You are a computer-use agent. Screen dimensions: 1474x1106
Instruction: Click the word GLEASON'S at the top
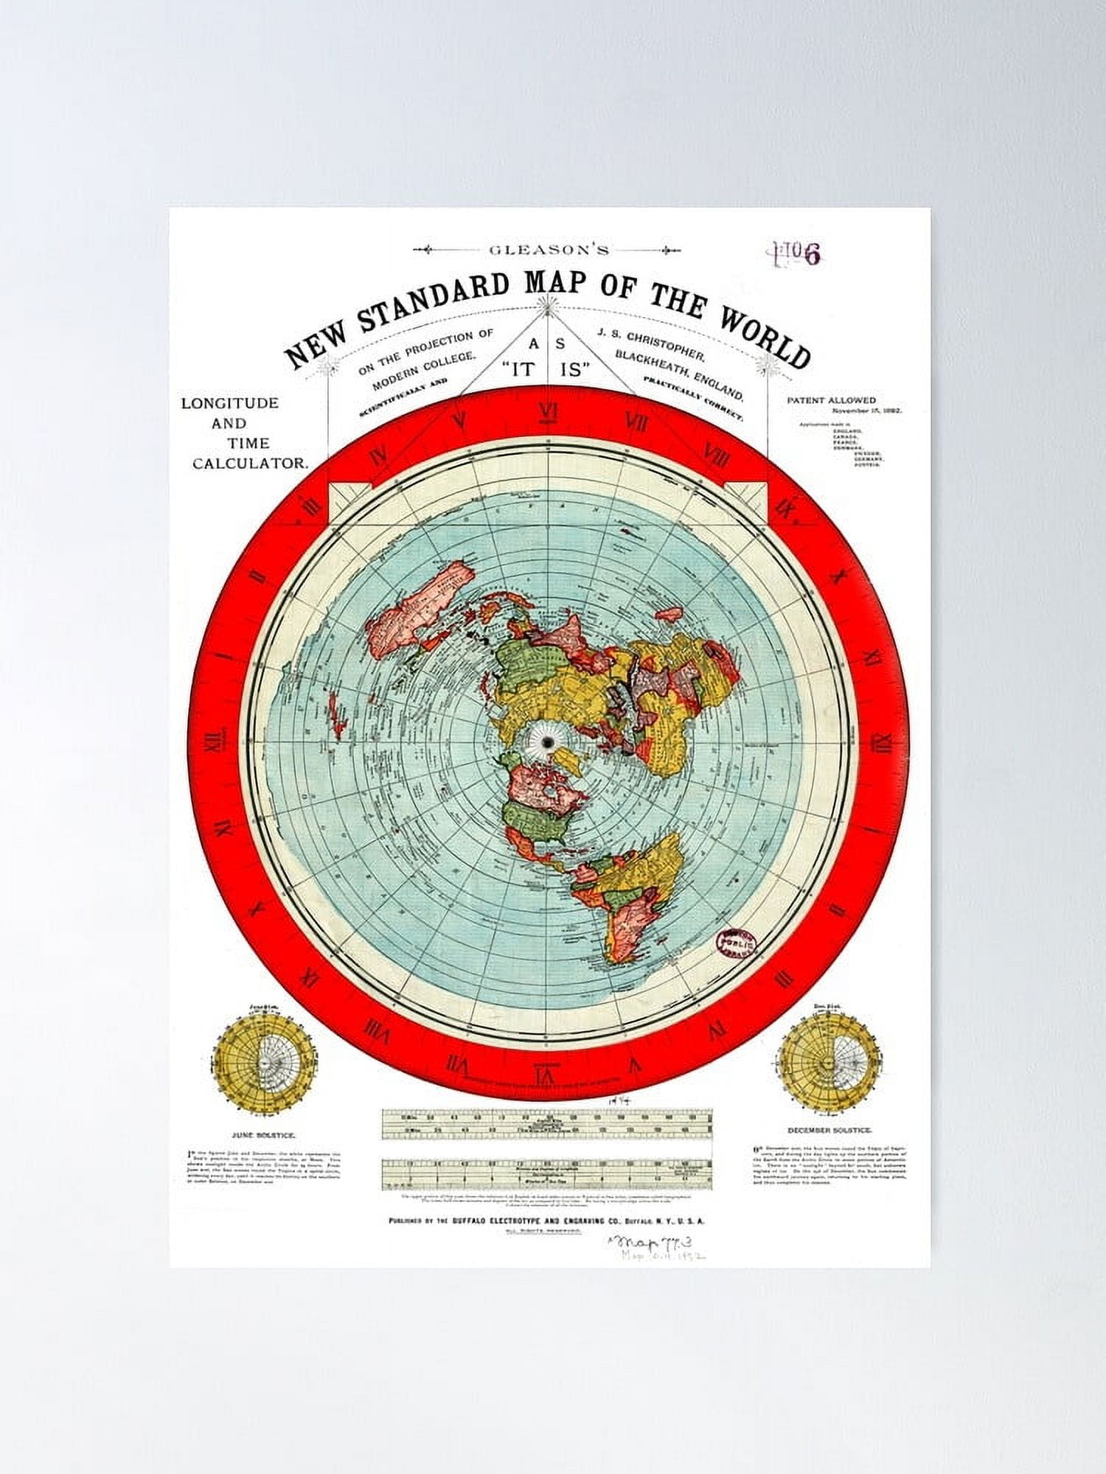pos(549,250)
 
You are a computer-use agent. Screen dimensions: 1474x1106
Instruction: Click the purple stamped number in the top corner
pos(796,254)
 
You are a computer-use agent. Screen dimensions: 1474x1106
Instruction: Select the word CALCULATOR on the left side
pos(249,463)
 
